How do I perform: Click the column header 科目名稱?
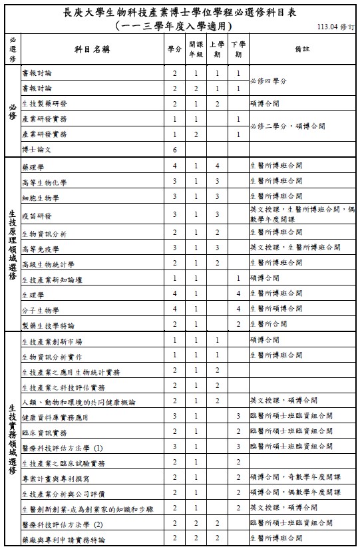click(x=91, y=49)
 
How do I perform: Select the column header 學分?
click(x=174, y=49)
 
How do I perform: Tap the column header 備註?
click(x=301, y=49)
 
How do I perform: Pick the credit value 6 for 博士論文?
click(x=174, y=150)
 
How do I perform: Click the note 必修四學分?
click(x=268, y=81)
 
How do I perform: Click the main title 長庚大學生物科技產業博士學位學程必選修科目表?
click(x=179, y=13)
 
